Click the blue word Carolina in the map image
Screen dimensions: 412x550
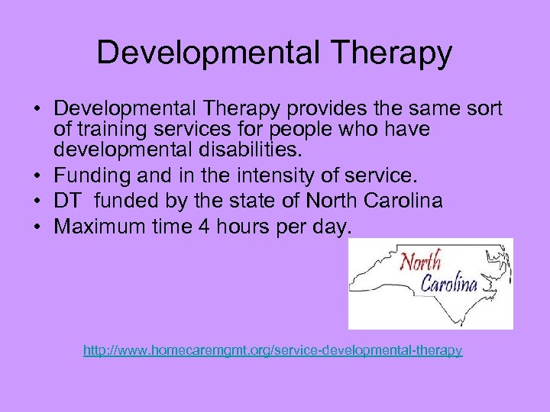[x=450, y=284]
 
